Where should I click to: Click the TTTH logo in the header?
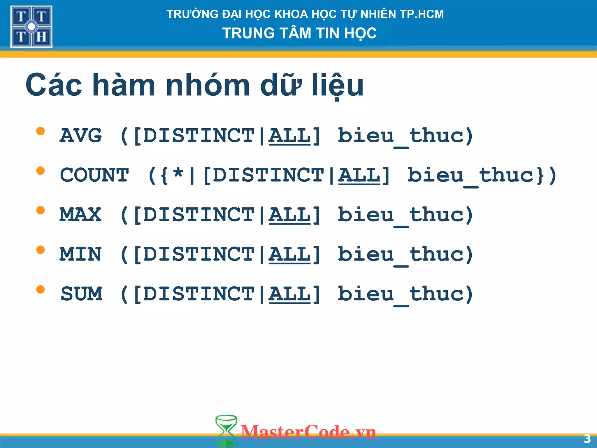point(31,27)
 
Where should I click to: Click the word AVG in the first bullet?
point(81,136)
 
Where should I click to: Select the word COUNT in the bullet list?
point(94,175)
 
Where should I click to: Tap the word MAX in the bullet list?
point(81,215)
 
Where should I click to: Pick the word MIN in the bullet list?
point(81,254)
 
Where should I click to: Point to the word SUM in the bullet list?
point(81,294)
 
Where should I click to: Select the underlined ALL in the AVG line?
point(289,136)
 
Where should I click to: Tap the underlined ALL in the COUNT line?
point(359,175)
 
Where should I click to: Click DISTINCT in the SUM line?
point(199,294)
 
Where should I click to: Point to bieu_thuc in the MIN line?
point(405,255)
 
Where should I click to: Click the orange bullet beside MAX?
point(41,210)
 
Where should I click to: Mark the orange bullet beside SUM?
point(41,289)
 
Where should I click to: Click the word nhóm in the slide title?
point(208,85)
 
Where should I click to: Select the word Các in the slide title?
point(54,85)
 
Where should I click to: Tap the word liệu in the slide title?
point(338,85)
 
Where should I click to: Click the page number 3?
point(587,439)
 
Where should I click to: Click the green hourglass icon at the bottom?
point(226,431)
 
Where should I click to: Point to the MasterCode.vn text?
point(308,432)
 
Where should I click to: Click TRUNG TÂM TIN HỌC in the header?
point(299,33)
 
